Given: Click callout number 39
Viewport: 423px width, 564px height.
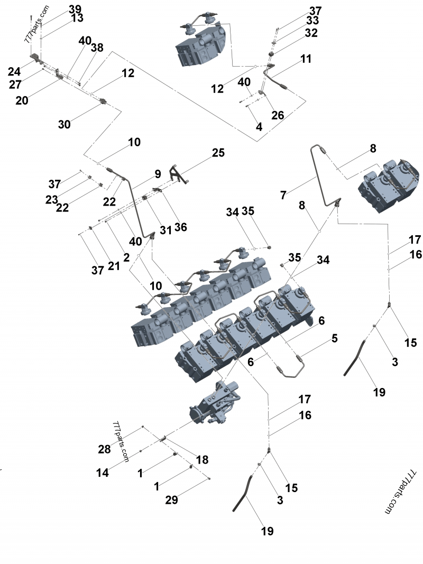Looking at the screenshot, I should click(75, 10).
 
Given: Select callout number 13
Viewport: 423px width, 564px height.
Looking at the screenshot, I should click(77, 19).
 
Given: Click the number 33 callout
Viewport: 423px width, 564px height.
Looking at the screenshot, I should click(312, 21).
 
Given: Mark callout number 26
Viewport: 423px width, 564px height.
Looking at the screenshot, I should click(278, 115).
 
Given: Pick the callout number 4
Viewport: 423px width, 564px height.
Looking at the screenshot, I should click(259, 127).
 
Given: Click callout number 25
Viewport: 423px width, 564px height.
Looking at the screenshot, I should click(218, 153).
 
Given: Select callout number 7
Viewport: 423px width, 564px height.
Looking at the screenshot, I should click(283, 196).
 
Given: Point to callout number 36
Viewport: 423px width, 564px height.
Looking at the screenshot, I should click(180, 227).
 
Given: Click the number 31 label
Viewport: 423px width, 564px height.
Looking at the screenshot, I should click(166, 230).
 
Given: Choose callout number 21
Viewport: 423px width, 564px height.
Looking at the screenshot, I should click(114, 266).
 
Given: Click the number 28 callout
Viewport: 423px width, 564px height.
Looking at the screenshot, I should click(104, 449).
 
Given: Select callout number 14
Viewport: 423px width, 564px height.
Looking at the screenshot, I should click(103, 473).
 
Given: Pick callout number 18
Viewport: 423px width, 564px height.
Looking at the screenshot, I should click(202, 459).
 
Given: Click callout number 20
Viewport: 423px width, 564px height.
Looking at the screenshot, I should click(22, 100).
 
